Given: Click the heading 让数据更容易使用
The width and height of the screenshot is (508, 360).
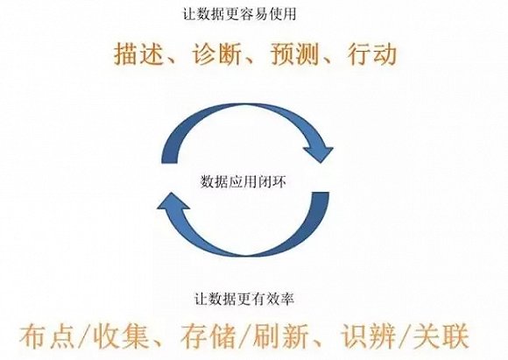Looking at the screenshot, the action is point(239,15).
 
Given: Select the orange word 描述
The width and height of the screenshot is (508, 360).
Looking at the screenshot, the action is point(138,53).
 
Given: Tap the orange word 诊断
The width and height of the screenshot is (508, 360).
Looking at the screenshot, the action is point(216,53).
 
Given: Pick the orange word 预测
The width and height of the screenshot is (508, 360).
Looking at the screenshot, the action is point(294,53).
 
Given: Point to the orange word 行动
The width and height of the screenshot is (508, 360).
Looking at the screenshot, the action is point(372,53).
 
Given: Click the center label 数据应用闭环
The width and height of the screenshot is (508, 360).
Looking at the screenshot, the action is point(243,181).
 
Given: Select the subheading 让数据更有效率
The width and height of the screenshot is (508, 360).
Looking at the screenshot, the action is point(244,299).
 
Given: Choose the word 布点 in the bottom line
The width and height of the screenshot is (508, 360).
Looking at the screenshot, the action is point(46,336).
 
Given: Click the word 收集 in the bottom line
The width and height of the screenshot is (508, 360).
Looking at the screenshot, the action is point(121,336).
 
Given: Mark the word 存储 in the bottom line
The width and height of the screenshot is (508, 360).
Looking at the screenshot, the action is point(208,336).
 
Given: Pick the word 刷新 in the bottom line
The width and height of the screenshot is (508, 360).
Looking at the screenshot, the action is point(281,336).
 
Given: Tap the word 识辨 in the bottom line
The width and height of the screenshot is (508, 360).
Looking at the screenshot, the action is point(369,336).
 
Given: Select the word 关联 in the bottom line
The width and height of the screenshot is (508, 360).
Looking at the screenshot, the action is point(441,336).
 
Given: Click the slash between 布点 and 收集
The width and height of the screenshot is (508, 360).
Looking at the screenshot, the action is point(83,337).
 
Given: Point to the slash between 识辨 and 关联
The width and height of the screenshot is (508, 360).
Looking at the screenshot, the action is point(405,337).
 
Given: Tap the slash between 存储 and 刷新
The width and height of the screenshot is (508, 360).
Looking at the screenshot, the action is point(244,337).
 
